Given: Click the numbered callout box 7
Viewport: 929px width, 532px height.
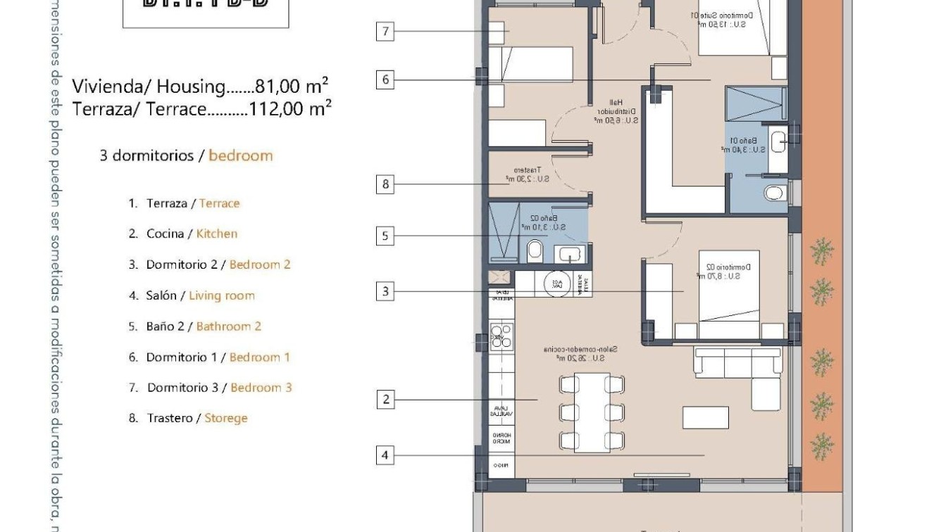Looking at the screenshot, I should [x=385, y=31].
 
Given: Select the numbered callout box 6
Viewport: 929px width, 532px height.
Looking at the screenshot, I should [x=385, y=80].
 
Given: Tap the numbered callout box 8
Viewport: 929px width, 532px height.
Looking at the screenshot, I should [x=385, y=185].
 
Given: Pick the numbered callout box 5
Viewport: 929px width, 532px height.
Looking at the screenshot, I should [x=385, y=236].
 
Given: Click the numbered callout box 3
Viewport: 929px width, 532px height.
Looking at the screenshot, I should [x=385, y=291].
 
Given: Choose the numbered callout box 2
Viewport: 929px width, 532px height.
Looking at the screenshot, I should [x=385, y=400].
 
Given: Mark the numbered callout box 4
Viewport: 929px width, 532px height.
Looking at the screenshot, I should [x=385, y=455].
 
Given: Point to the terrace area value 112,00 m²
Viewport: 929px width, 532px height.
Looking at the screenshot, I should [x=290, y=109].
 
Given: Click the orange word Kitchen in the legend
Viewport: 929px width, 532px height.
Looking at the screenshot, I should [x=216, y=234].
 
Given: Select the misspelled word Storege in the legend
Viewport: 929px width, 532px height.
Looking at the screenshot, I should [x=226, y=418].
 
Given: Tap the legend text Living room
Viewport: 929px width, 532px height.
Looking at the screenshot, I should [x=221, y=296].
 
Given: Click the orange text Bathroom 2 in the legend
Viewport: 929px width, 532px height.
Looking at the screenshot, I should [x=228, y=327].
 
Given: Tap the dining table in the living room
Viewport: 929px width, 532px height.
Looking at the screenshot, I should [x=592, y=413].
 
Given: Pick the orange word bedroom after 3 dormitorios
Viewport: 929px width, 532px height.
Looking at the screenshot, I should [x=240, y=156].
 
